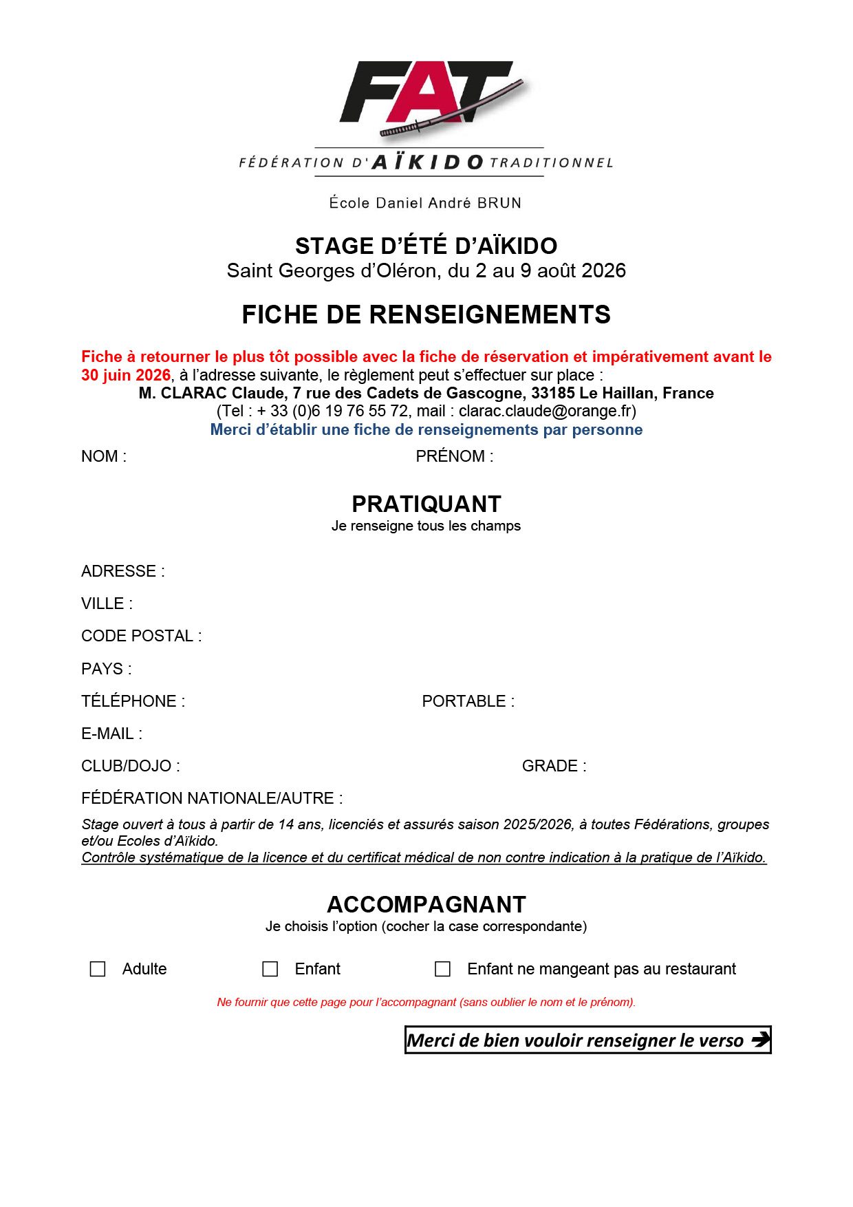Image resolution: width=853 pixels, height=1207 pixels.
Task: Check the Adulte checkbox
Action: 98,969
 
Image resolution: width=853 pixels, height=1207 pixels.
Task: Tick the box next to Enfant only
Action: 270,969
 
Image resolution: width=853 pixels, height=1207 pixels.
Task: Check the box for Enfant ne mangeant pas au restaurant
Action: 443,969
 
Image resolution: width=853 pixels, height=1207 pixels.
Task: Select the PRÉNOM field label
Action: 454,456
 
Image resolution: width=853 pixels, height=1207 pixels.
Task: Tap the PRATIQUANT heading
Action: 426,504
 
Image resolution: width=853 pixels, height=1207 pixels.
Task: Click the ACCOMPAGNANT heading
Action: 426,904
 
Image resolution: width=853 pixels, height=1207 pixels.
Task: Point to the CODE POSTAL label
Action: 141,636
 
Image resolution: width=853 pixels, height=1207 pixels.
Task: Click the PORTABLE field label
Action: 468,701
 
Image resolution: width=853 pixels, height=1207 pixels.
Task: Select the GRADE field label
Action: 554,766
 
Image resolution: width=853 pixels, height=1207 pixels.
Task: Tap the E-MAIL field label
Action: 111,734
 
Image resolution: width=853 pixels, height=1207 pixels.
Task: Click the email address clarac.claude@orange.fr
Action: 546,411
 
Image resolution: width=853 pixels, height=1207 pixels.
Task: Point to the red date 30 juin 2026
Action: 126,375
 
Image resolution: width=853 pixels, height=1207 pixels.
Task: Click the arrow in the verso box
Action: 759,1040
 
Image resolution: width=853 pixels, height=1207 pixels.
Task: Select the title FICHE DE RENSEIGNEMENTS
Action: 426,314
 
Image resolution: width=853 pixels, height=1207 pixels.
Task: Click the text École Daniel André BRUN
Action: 425,203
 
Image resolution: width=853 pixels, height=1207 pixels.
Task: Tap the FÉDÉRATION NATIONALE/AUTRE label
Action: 212,798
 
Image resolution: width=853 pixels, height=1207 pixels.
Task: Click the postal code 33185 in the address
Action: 552,393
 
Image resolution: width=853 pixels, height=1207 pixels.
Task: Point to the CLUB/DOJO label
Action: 131,766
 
